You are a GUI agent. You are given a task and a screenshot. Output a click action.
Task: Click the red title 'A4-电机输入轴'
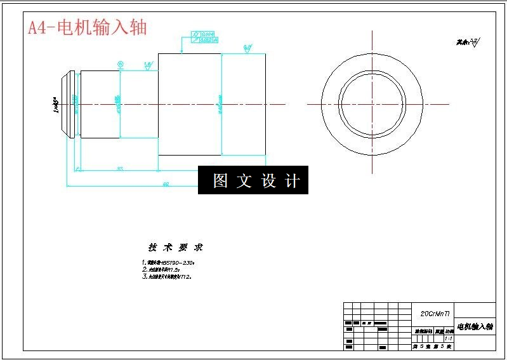[88, 27]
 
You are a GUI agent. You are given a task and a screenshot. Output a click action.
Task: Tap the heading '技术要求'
[176, 248]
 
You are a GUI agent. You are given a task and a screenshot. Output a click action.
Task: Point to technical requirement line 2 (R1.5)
[162, 270]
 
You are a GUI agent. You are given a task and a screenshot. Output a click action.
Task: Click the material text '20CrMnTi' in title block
[435, 314]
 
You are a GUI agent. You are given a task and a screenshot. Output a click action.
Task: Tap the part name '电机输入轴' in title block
[475, 326]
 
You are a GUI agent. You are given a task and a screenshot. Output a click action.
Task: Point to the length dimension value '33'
[119, 168]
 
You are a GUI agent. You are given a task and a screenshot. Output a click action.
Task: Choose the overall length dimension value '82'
[166, 184]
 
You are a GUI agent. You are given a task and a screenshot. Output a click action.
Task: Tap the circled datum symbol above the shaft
[120, 63]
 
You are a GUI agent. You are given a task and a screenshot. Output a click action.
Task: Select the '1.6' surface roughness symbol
[148, 66]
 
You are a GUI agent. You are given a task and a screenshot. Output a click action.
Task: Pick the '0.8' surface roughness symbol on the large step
[247, 48]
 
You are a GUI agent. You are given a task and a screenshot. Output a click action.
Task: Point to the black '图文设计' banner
[253, 180]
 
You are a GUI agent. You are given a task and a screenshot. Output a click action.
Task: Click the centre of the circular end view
[372, 104]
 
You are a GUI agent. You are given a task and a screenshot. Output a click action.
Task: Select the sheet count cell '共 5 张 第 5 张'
[431, 347]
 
